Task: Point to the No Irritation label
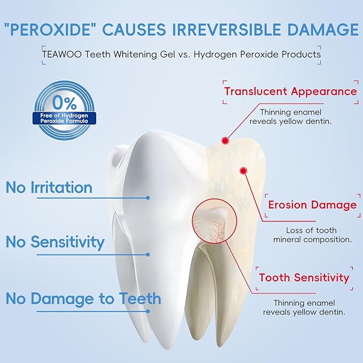click(x=49, y=188)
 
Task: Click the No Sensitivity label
click(x=55, y=242)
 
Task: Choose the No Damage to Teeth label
click(x=83, y=298)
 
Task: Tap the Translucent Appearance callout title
click(x=290, y=91)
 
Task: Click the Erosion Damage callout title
click(x=312, y=205)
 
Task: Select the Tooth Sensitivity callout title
click(x=304, y=277)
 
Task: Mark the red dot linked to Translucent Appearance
click(x=225, y=141)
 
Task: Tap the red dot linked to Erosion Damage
click(x=244, y=171)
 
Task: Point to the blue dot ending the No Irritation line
click(x=148, y=197)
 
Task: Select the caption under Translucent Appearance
click(x=290, y=117)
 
